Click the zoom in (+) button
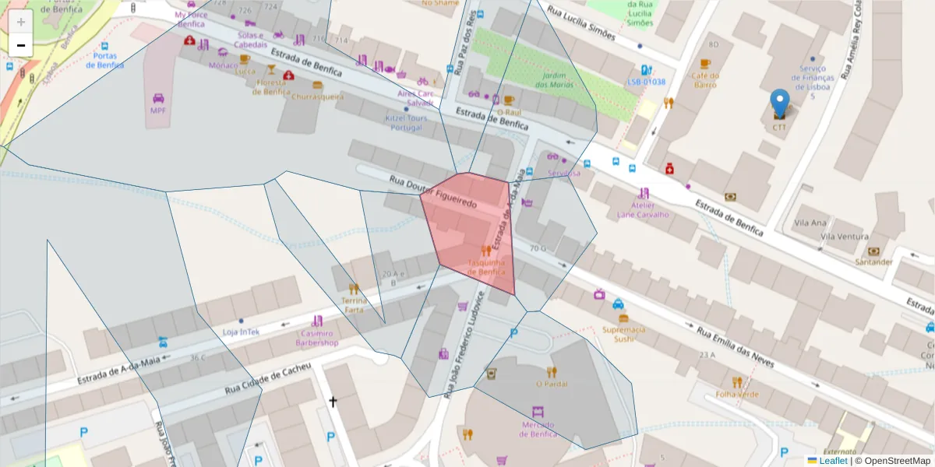point(21,22)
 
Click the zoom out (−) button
point(21,45)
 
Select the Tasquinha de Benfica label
point(486,267)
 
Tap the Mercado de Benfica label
point(538,429)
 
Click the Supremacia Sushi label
point(623,334)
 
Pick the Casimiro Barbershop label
point(316,338)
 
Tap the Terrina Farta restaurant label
point(354,304)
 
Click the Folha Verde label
point(737,394)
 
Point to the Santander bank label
point(873,262)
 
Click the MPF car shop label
point(158,110)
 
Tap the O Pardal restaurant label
point(551,384)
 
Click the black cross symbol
point(333,402)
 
